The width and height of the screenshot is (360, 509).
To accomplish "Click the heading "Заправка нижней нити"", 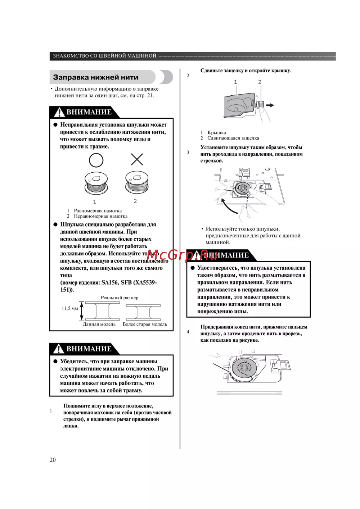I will click(95, 77).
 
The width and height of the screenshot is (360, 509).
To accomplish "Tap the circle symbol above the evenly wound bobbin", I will click(96, 160).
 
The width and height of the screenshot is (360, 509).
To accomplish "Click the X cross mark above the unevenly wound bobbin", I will click(137, 159).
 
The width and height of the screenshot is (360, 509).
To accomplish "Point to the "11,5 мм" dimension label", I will click(69, 308).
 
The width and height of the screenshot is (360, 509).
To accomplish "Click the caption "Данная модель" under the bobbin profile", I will click(99, 324).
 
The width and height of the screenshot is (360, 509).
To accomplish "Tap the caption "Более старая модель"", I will click(145, 324).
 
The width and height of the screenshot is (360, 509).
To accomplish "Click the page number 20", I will click(53, 460).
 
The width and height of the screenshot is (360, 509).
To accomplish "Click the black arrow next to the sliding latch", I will click(270, 105).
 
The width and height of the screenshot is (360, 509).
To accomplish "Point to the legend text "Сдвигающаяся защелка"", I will click(233, 138).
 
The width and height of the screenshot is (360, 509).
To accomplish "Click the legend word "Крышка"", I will click(217, 132).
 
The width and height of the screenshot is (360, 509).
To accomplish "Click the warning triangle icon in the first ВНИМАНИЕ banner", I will click(59, 113).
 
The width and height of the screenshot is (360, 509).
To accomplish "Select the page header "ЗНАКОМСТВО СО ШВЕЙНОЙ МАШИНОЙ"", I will click(105, 56).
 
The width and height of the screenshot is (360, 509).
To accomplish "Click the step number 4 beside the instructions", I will click(188, 332).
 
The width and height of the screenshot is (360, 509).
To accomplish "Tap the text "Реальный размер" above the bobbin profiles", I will click(120, 298).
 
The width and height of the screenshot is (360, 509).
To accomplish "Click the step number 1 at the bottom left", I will click(51, 411).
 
